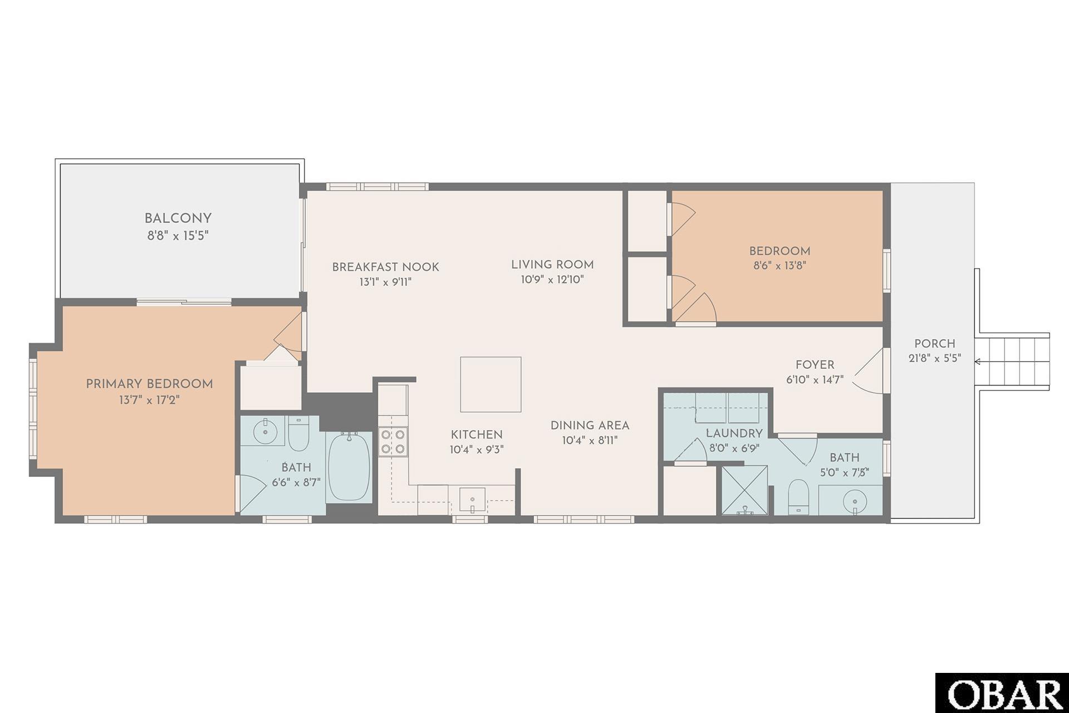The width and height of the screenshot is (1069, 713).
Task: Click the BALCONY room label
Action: click(178, 218)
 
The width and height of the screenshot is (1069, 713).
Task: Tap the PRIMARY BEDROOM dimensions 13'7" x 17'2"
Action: click(149, 400)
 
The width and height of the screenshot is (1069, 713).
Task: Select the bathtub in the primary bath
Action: click(349, 467)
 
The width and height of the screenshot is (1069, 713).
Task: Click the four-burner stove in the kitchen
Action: click(393, 441)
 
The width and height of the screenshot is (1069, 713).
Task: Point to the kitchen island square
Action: click(491, 384)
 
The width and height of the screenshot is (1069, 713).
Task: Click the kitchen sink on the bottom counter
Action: click(472, 500)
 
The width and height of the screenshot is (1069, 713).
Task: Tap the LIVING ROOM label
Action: click(552, 265)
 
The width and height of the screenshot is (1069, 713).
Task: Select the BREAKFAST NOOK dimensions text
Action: click(385, 282)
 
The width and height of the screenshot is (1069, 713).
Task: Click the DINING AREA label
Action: click(590, 426)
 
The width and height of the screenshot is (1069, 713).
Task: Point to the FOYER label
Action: click(815, 365)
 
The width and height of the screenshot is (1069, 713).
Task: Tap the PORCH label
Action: click(935, 344)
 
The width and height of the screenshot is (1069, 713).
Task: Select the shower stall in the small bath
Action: click(744, 490)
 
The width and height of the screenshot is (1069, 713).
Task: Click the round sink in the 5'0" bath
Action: click(853, 501)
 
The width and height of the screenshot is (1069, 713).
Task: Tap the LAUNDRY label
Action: click(734, 433)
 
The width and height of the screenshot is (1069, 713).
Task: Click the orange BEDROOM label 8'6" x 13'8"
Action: click(779, 251)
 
